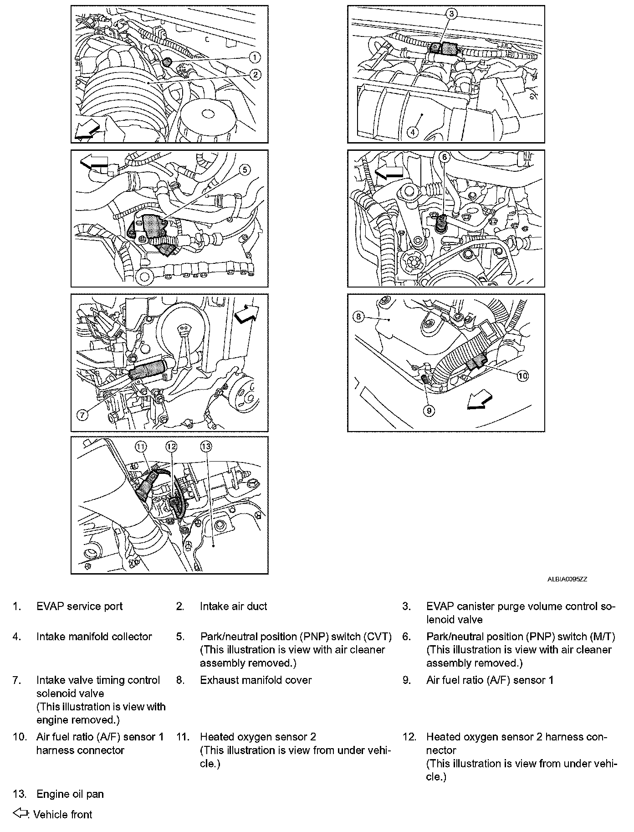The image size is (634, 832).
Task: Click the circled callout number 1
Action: coord(255,57)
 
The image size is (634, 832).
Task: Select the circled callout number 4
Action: coord(412,132)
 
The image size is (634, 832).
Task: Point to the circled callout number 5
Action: coord(244,169)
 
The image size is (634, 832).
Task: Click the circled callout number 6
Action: coord(445,157)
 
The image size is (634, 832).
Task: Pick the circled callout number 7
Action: coord(82,415)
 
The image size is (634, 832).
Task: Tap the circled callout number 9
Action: coord(429,411)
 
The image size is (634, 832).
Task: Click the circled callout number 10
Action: coord(522,375)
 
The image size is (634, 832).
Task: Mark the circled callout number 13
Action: coord(206,447)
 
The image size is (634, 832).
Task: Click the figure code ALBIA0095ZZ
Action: coord(567,579)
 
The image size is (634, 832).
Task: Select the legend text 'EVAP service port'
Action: coord(80,606)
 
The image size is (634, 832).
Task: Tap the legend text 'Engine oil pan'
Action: coord(70,794)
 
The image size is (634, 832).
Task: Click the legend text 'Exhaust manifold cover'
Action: coord(256,680)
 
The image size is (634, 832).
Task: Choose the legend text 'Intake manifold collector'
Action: coord(94,637)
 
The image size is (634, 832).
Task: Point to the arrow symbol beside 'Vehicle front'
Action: coord(20,813)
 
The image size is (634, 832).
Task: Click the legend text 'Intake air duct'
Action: coord(233,606)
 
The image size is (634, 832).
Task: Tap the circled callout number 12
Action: coord(171,447)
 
